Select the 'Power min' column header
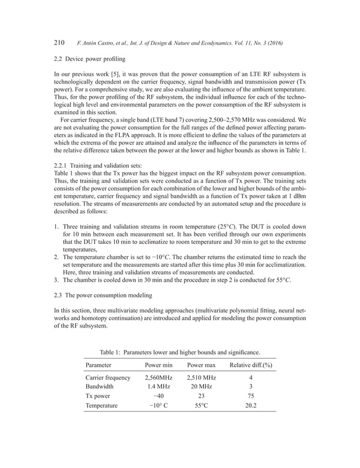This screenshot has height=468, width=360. pyautogui.click(x=158, y=365)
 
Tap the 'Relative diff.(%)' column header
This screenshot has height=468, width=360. pyautogui.click(x=251, y=365)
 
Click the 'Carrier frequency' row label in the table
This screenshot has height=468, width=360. pyautogui.click(x=108, y=377)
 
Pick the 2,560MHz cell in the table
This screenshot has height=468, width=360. pyautogui.click(x=158, y=377)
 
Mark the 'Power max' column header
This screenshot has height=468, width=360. pyautogui.click(x=201, y=365)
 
